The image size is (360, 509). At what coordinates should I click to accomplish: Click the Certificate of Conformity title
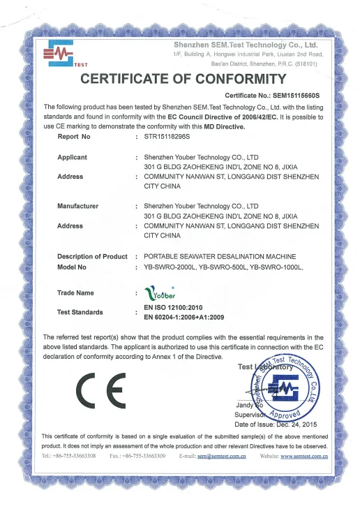[183, 78]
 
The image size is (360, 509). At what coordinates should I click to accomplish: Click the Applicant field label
[72, 158]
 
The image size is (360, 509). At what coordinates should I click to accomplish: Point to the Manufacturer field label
[77, 207]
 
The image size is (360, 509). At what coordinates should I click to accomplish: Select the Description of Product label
[92, 256]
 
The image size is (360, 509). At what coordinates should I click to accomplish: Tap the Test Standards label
[80, 311]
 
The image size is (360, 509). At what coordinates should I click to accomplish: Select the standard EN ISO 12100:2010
[177, 307]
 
